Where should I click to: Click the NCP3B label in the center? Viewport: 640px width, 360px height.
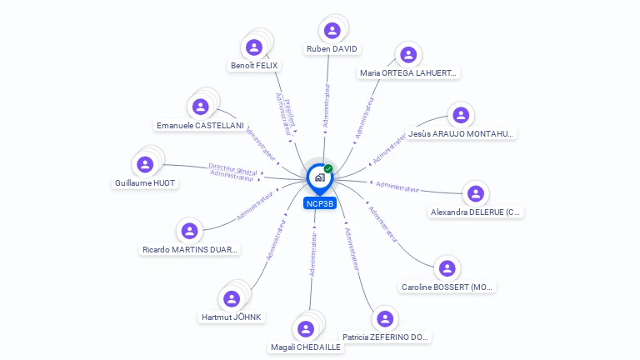point(320,203)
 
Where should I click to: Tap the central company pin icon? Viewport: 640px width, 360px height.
point(319,177)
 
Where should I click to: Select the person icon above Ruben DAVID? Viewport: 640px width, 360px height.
point(332,31)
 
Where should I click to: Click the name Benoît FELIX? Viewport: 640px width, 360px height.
point(254,65)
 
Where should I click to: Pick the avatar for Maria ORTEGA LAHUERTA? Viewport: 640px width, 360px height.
point(408,55)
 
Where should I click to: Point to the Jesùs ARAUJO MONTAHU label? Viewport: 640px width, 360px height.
point(462,133)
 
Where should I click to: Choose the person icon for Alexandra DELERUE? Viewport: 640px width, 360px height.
point(476,194)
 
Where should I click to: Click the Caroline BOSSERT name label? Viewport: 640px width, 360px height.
point(447,287)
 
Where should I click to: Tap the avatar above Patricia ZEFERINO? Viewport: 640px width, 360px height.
point(385,319)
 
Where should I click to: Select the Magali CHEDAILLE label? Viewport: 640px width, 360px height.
point(306,347)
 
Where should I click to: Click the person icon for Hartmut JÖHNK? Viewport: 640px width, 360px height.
point(232,298)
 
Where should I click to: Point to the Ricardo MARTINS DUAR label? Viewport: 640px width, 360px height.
point(190,248)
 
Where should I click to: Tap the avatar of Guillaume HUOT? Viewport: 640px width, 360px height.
point(146,164)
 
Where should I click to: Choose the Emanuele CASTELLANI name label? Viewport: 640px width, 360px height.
point(200,125)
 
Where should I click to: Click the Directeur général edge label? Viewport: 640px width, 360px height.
point(232,168)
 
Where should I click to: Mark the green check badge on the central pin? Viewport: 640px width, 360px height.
point(328,168)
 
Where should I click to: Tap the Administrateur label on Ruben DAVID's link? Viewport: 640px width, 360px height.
point(327,105)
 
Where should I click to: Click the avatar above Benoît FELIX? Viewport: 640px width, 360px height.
point(254,47)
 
